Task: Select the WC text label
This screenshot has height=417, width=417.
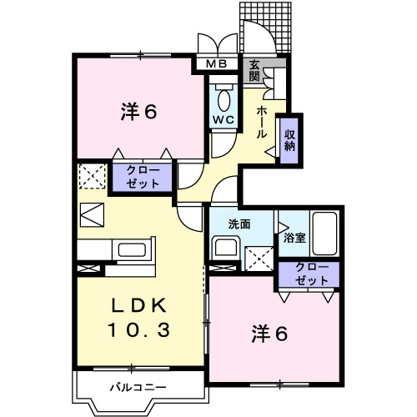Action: [x=222, y=118]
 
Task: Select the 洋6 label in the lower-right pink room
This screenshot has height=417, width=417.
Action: [x=271, y=334]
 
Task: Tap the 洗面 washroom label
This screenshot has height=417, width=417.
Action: [x=242, y=224]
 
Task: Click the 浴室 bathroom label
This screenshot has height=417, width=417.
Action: [x=294, y=238]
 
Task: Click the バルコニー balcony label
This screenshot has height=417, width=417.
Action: [x=138, y=387]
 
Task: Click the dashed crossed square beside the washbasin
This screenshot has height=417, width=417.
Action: [x=259, y=259]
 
